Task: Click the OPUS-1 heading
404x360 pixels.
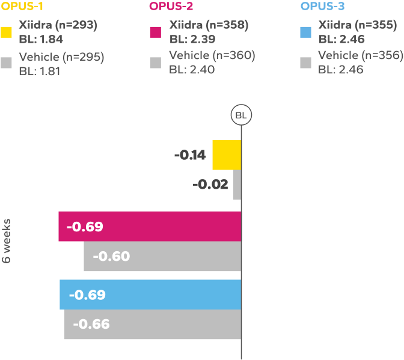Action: click(x=21, y=7)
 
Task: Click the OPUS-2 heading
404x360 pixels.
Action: click(x=170, y=7)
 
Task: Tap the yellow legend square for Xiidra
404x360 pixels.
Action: click(x=7, y=32)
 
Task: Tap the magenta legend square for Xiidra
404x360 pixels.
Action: click(x=156, y=32)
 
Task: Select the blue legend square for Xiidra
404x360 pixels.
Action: click(x=305, y=32)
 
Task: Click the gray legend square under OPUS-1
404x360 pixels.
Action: click(x=7, y=63)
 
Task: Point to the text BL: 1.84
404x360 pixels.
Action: click(x=41, y=40)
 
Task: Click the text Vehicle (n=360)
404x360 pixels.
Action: click(x=212, y=55)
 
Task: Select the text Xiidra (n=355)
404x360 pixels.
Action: click(x=357, y=25)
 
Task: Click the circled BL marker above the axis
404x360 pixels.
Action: click(x=241, y=115)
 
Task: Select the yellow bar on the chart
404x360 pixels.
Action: click(x=227, y=155)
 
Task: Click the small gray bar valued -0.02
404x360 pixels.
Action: click(x=237, y=185)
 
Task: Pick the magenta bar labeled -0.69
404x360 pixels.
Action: click(x=150, y=226)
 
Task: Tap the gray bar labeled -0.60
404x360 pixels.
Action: click(x=162, y=256)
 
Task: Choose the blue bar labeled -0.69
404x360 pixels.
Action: click(x=150, y=294)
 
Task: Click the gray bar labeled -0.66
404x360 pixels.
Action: click(x=153, y=325)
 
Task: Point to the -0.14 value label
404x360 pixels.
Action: click(x=190, y=155)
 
